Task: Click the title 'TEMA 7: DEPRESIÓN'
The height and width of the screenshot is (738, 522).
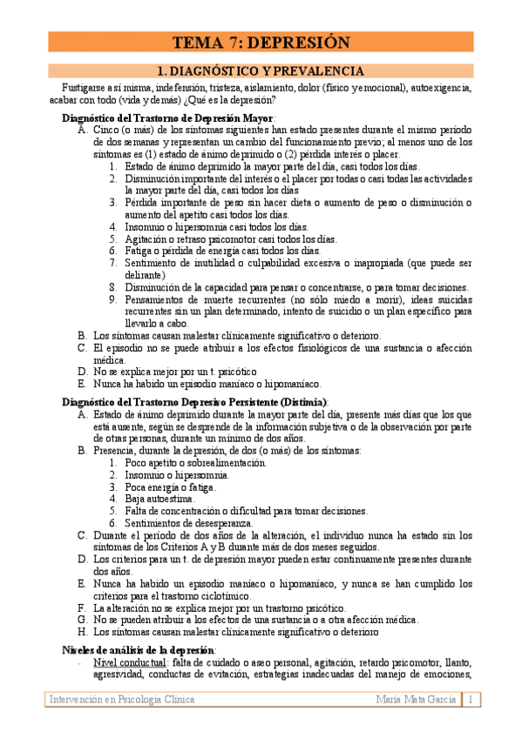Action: tap(261, 43)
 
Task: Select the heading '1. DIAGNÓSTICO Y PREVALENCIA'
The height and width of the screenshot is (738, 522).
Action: tap(260, 71)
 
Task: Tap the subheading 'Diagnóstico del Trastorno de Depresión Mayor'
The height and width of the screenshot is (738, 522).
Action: tap(168, 117)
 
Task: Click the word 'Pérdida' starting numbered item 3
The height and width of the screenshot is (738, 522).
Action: tap(143, 203)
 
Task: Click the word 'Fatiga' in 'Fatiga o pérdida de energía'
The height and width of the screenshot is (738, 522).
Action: tap(139, 251)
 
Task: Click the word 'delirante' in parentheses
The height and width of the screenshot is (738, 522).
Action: tap(147, 275)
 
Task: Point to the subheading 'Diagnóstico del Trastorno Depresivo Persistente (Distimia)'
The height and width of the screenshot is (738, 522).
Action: tap(195, 402)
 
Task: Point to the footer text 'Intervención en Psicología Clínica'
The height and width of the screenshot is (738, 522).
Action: tap(122, 700)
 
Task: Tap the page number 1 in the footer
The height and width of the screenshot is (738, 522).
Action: tap(471, 700)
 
